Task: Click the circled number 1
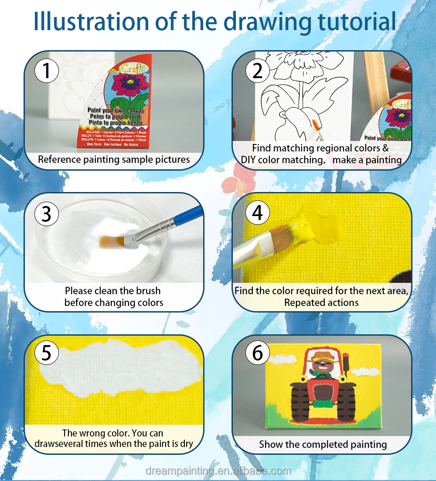(x=47, y=71)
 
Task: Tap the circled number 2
(x=258, y=71)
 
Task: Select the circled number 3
(x=47, y=213)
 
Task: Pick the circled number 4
(x=258, y=213)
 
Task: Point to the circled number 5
(x=47, y=353)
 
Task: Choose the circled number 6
(x=258, y=353)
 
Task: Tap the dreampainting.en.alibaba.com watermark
(x=218, y=471)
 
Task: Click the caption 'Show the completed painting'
(x=323, y=444)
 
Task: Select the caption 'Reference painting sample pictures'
(x=114, y=159)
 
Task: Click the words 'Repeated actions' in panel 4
(x=321, y=302)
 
